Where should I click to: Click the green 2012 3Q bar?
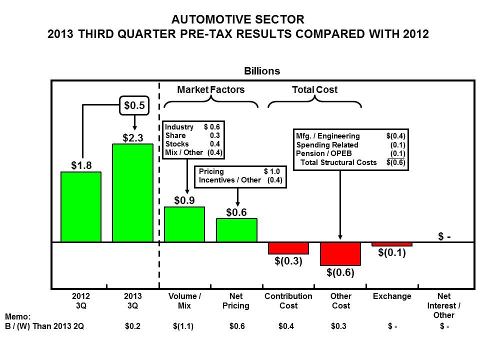81,207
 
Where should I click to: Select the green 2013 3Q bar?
132,193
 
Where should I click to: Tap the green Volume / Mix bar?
184,224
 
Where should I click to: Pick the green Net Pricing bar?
236,230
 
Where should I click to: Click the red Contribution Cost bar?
288,248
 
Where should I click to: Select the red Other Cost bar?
340,254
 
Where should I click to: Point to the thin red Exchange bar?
392,244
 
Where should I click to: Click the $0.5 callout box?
134,105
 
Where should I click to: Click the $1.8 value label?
80,165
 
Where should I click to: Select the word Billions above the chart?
262,71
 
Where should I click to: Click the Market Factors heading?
211,89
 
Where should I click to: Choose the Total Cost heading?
314,89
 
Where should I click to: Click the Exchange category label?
392,296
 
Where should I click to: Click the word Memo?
17,317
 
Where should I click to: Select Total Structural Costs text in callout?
338,162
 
